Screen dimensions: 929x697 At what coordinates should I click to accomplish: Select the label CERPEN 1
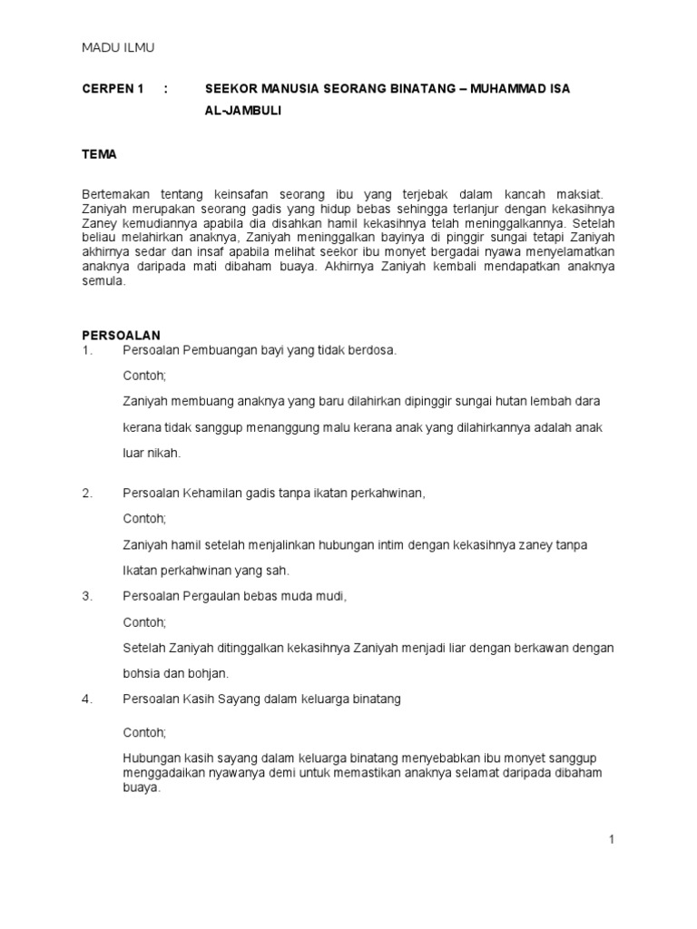(113, 88)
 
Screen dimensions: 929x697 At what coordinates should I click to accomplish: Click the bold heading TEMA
(100, 154)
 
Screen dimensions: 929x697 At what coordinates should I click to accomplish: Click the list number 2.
(87, 493)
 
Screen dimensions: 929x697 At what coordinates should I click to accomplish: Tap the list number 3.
(87, 596)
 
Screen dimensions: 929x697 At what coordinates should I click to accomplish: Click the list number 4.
(87, 699)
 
